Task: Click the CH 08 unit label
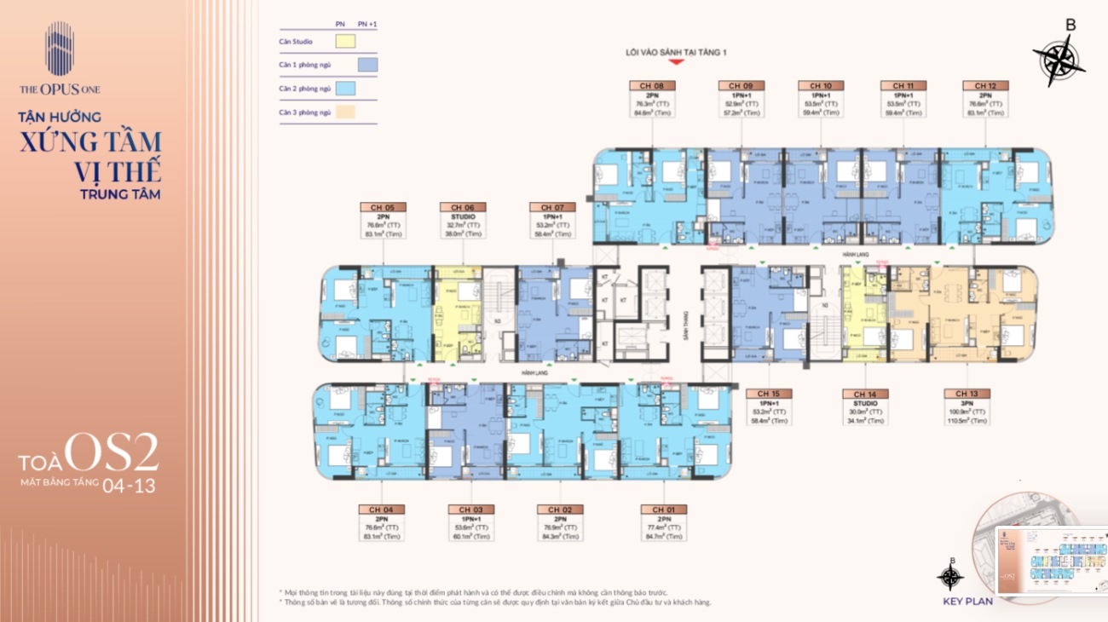(652, 86)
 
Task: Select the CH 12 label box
(985, 86)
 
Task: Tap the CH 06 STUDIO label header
(463, 207)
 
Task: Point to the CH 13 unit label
(967, 395)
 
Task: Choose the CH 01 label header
(663, 510)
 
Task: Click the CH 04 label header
(382, 510)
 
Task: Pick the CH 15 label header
(769, 395)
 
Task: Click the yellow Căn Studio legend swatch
(345, 41)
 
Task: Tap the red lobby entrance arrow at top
(676, 62)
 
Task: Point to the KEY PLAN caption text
(967, 601)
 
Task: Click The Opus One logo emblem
(60, 50)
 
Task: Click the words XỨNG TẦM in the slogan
(91, 141)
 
